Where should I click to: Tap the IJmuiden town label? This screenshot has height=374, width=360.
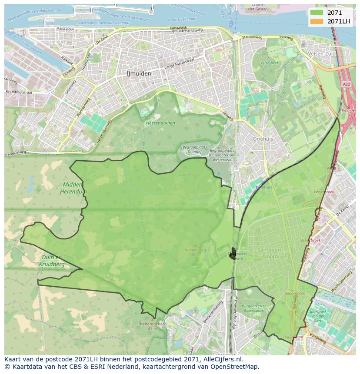click(x=139, y=73)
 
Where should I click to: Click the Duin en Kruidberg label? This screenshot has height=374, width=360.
click(x=52, y=261)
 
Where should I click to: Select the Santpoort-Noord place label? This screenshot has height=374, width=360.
click(x=270, y=253)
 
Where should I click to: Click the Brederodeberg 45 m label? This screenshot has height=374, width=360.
click(x=147, y=326)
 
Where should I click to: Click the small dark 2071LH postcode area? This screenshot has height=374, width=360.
click(x=233, y=253)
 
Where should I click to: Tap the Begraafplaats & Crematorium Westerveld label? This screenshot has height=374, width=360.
click(x=222, y=155)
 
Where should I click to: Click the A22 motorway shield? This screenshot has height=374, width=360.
click(x=346, y=84)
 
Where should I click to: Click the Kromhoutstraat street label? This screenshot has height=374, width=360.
click(x=18, y=93)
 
